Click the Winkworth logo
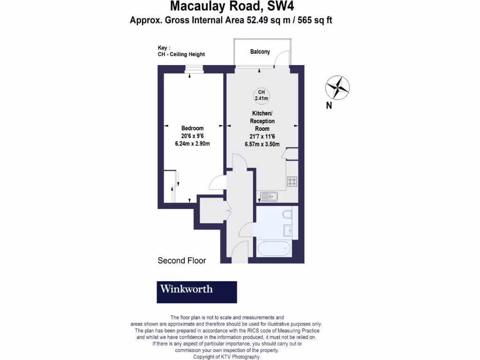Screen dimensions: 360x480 point(196,292)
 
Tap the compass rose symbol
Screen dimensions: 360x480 point(337,87)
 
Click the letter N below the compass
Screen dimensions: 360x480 point(329,106)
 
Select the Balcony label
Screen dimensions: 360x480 point(260,52)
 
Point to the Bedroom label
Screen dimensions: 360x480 point(193,128)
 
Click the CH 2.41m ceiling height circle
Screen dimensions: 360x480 point(261,95)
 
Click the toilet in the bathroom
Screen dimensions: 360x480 point(287,215)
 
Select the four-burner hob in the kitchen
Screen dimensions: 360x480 point(292,181)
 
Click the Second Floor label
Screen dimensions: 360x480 point(182,261)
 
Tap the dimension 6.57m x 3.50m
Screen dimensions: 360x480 point(262,144)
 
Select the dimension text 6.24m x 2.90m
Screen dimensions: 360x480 point(193,143)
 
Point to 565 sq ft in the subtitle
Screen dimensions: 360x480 point(315,20)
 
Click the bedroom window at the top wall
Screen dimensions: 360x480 point(193,69)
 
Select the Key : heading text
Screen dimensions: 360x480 point(164,48)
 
